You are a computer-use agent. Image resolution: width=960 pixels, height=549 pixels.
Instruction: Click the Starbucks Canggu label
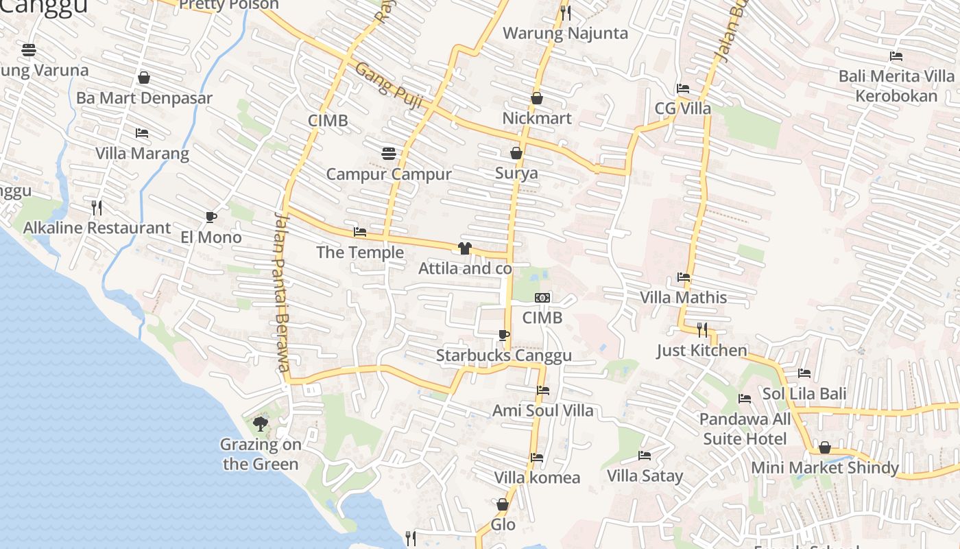(x=503, y=355)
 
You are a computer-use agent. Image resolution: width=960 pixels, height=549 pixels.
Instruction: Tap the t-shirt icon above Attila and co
(x=465, y=248)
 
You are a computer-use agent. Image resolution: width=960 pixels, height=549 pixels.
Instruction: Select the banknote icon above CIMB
(x=542, y=298)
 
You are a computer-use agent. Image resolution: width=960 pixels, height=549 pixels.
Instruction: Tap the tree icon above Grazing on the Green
(x=260, y=423)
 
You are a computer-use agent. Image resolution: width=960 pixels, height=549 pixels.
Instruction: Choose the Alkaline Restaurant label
(x=97, y=228)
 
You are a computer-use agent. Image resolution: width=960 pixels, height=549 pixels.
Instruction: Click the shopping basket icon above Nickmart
(x=537, y=98)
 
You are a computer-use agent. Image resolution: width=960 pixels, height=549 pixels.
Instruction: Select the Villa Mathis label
(x=683, y=297)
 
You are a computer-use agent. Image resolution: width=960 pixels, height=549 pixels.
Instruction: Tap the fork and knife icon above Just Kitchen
(x=701, y=330)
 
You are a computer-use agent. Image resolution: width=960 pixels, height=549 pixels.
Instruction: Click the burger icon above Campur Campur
(x=389, y=153)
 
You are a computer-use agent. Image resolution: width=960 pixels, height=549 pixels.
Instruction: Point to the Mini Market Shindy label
(x=825, y=467)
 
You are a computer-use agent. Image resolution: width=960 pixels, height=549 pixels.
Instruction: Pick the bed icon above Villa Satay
(x=645, y=455)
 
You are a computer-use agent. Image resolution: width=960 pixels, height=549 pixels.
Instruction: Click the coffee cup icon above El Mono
(x=211, y=217)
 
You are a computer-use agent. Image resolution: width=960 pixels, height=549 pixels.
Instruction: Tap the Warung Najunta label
(x=565, y=33)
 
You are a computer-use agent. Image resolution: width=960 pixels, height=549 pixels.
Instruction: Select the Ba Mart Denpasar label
(x=144, y=97)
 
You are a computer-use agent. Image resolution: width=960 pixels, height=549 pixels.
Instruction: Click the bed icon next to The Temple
(x=360, y=232)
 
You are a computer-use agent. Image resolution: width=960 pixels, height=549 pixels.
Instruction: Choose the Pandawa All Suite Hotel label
(x=745, y=428)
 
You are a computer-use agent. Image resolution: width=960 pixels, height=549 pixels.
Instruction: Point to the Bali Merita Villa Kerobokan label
(x=896, y=85)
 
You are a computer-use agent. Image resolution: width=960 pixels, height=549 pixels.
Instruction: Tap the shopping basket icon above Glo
(x=503, y=504)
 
